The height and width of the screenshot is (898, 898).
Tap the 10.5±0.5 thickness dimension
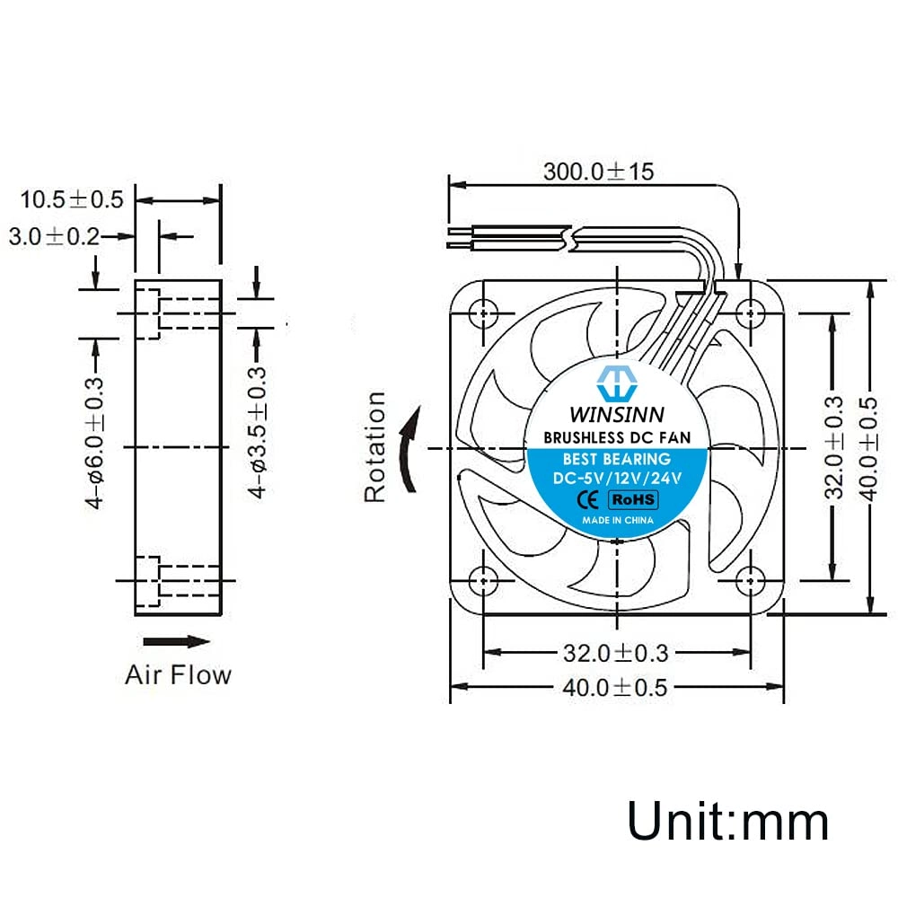pyautogui.click(x=72, y=199)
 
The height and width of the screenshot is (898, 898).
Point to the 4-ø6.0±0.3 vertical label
pyautogui.click(x=95, y=445)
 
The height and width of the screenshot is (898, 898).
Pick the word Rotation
pyautogui.click(x=375, y=446)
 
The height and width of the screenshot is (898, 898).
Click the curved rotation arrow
pyautogui.click(x=409, y=448)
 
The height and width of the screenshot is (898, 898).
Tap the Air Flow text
pyautogui.click(x=178, y=674)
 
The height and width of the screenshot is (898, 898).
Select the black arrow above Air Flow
pyautogui.click(x=177, y=641)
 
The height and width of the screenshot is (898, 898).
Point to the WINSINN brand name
pyautogui.click(x=616, y=416)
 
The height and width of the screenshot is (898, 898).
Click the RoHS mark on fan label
pyautogui.click(x=634, y=498)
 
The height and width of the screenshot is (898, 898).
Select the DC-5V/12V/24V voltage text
pyautogui.click(x=618, y=478)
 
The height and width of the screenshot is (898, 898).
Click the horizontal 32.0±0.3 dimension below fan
pyautogui.click(x=618, y=653)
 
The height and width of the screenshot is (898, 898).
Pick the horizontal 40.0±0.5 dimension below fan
pyautogui.click(x=616, y=688)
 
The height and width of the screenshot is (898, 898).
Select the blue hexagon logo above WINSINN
pyautogui.click(x=617, y=383)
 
